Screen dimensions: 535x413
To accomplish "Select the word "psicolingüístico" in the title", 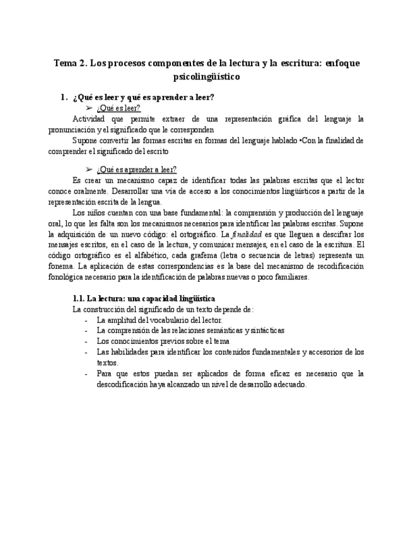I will [206, 77].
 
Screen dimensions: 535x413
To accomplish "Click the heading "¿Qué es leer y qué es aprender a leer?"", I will [144, 97].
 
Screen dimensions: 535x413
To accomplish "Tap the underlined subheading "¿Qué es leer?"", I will [119, 108].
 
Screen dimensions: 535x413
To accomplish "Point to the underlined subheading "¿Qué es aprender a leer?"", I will [137, 169].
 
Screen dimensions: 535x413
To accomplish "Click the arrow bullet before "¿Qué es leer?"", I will [89, 108].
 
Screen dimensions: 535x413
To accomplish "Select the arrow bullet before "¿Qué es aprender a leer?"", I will [89, 169].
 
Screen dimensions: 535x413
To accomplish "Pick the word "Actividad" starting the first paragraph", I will [90, 119].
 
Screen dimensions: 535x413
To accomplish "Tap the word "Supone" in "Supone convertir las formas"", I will [86, 140].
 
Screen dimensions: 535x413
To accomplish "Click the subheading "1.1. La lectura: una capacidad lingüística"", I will [144, 298].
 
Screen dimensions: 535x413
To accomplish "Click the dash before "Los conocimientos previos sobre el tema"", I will [86, 341].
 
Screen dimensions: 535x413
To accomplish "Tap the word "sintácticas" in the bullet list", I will [268, 330].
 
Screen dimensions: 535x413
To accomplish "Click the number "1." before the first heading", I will [63, 97].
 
